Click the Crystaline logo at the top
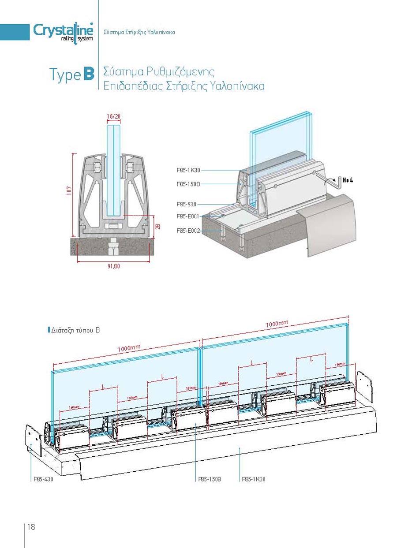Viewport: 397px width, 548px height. (63, 31)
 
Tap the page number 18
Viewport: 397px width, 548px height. (31, 527)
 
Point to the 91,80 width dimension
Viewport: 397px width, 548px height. (113, 266)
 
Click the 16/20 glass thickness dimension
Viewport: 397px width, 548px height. (113, 116)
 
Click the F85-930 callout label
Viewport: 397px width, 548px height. (186, 204)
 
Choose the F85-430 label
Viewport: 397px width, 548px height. (43, 479)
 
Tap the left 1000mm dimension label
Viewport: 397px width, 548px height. (129, 348)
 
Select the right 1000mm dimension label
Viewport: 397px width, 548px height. (277, 324)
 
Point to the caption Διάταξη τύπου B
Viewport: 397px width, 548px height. (75, 330)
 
